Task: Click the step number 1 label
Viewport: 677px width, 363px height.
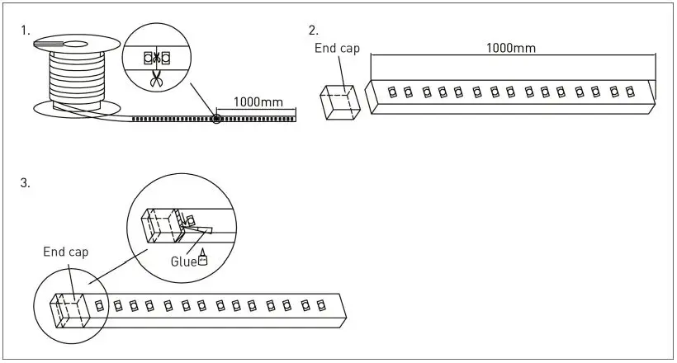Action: click(26, 31)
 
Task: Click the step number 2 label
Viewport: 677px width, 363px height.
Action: click(313, 31)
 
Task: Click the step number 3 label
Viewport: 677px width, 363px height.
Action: click(26, 183)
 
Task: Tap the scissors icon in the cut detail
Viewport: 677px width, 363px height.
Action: click(155, 78)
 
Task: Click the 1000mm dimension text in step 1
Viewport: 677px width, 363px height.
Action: click(258, 103)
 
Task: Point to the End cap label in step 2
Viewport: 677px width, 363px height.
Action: click(338, 49)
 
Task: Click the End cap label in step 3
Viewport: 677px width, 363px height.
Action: click(66, 252)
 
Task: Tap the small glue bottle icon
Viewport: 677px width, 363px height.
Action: click(202, 261)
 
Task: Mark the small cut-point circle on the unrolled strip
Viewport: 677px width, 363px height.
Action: click(216, 119)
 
